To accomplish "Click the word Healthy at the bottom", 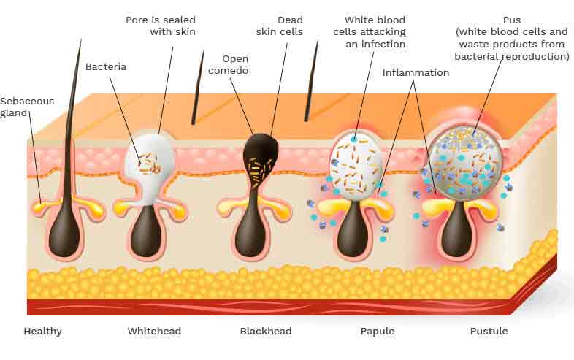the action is [42, 332].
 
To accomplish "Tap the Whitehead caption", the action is [154, 331].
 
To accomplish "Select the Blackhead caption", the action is [266, 331].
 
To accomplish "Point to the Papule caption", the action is [378, 331].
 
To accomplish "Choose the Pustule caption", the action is [489, 331].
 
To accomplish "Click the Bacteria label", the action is [106, 66].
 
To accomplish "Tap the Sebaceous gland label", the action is [27, 107].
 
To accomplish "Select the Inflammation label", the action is [416, 72].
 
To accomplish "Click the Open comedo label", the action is [229, 64].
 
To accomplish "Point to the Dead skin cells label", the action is [280, 26].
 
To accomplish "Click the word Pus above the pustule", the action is [512, 20].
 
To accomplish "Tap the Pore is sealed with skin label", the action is [161, 26].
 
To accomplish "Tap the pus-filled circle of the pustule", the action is [466, 161].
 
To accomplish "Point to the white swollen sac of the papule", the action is [356, 166].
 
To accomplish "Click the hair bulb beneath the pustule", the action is [457, 231].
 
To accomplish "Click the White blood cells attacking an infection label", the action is [370, 32].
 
